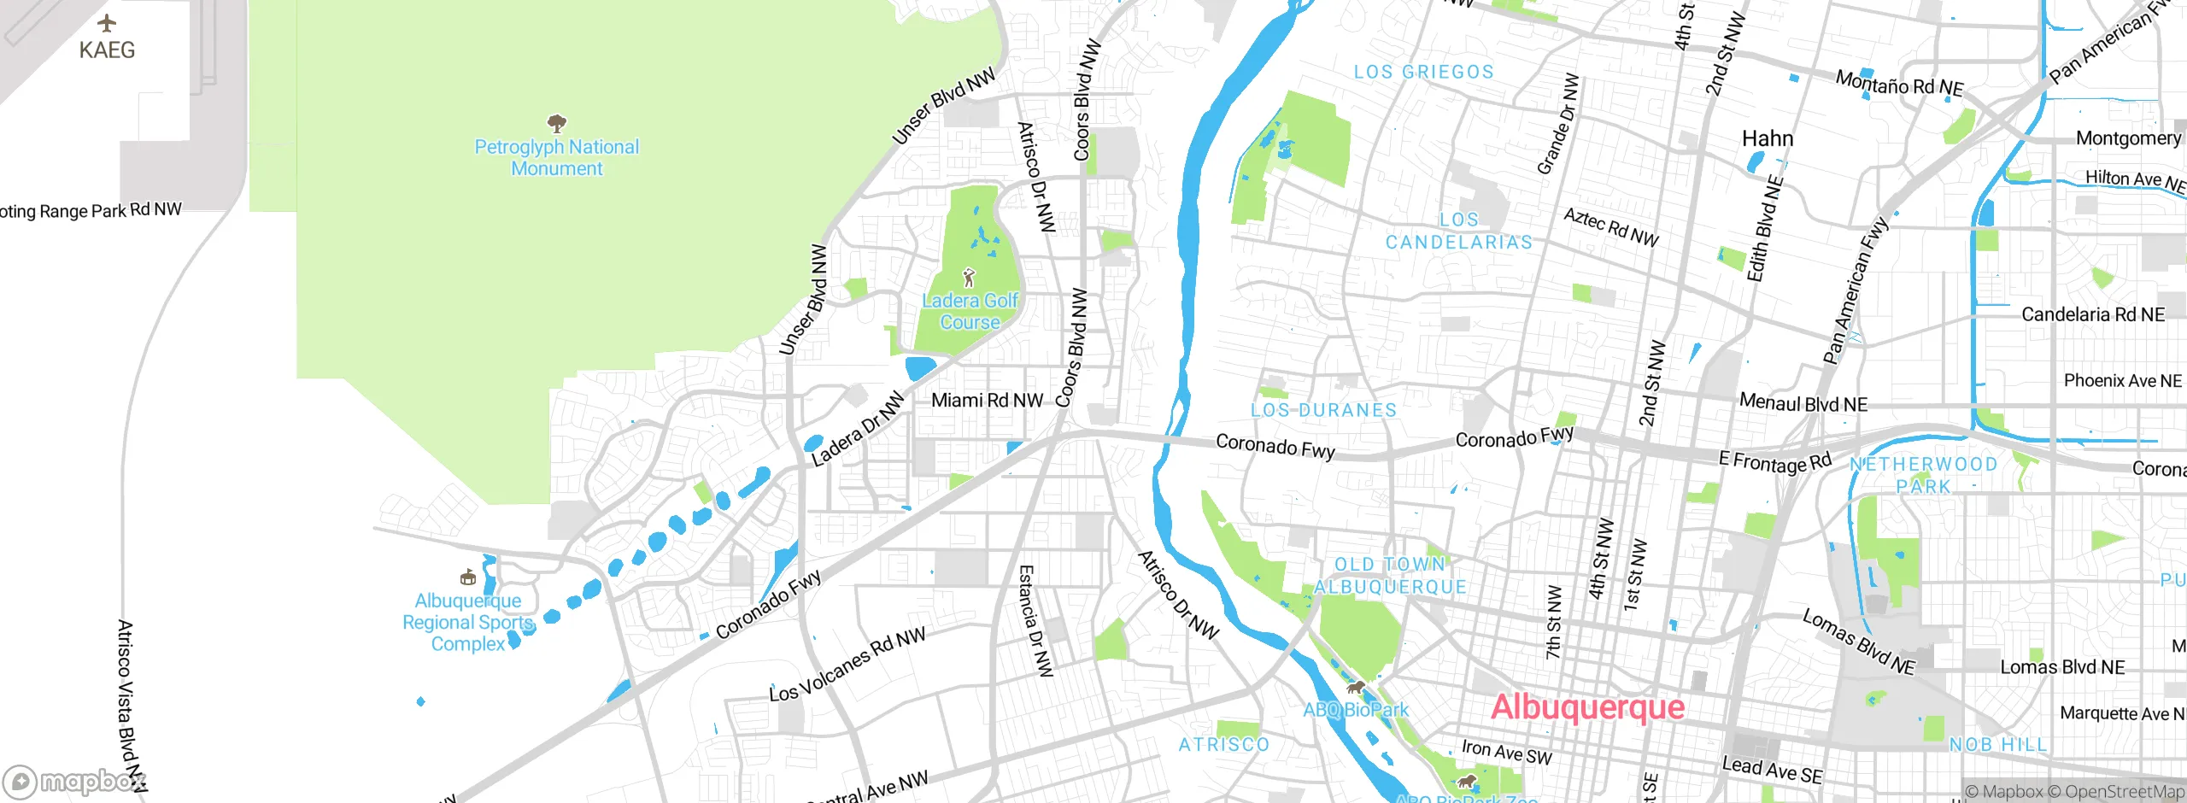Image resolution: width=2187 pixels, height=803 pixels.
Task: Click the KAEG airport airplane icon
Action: pos(107,23)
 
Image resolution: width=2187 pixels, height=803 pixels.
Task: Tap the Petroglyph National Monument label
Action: pos(557,158)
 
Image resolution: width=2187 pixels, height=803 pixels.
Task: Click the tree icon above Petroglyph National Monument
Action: pos(557,123)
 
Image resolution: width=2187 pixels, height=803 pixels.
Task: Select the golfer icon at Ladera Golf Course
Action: pos(968,278)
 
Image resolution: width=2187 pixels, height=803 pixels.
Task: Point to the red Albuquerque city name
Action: pos(1587,707)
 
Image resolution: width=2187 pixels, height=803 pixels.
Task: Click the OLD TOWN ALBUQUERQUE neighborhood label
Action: pos(1390,576)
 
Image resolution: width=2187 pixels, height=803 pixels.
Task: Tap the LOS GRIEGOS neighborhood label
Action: pos(1424,73)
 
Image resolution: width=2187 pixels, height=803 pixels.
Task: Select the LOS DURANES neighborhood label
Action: pos(1323,410)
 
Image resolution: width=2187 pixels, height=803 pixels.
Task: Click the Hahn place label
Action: pos(1768,138)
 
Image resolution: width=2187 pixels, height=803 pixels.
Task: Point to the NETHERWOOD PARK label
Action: pos(1923,475)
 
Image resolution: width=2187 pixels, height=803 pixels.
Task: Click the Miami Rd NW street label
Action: pos(987,400)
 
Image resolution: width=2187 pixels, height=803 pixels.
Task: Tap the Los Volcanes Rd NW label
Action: pos(847,665)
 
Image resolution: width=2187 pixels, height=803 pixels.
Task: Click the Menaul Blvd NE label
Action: pos(1803,403)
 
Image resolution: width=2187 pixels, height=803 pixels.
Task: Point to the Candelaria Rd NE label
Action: pos(2093,314)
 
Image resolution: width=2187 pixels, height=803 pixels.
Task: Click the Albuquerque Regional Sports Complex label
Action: pos(467,623)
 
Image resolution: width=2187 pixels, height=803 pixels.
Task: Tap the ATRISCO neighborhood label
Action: pos(1224,745)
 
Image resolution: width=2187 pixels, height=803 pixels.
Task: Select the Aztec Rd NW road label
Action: pos(1610,228)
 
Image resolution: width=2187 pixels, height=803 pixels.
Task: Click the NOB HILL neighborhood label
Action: pos(1998,745)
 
